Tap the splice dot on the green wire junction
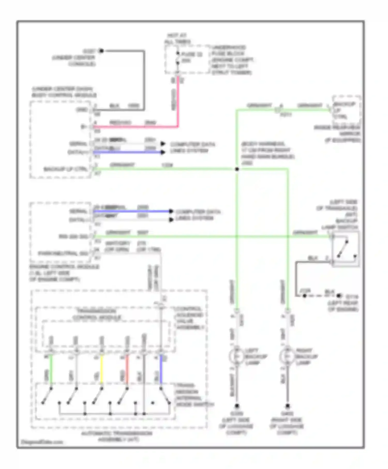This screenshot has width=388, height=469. (x=237, y=169)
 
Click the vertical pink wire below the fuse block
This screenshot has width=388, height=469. (x=178, y=103)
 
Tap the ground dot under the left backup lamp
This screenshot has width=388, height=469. (x=237, y=406)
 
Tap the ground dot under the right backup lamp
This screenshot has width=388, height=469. (x=287, y=406)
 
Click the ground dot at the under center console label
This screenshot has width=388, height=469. (x=101, y=51)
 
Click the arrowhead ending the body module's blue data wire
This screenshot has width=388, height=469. (x=163, y=152)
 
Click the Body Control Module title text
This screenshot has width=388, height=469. (x=64, y=92)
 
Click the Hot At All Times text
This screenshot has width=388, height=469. (x=177, y=38)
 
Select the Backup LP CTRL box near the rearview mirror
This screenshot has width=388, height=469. (x=347, y=110)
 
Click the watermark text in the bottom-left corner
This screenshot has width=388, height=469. (x=42, y=442)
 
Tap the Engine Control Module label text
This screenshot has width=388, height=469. (x=64, y=273)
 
